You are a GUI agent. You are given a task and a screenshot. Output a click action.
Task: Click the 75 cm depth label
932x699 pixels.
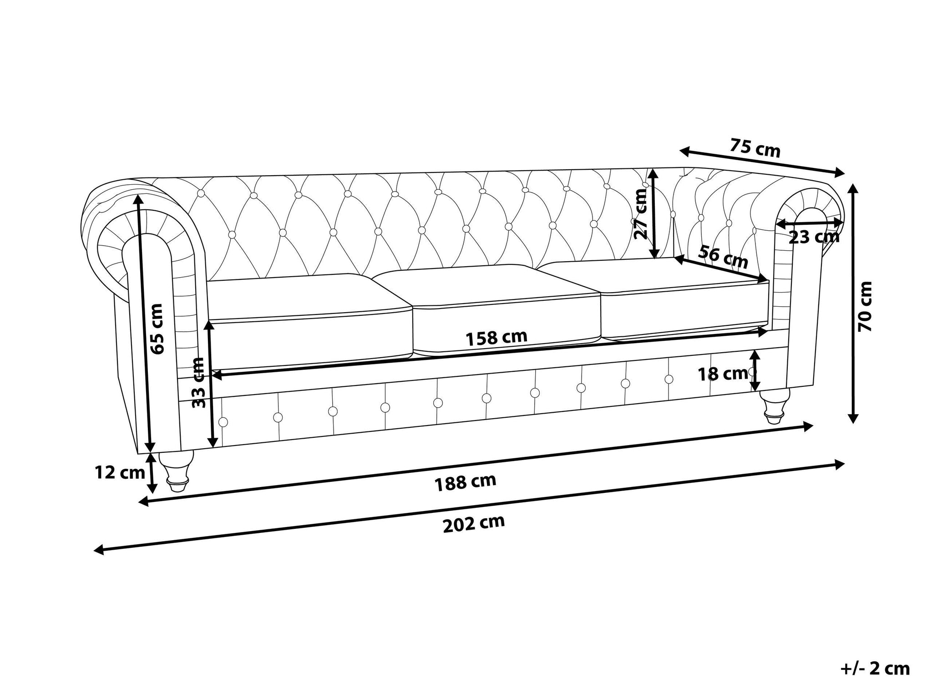tap(755, 148)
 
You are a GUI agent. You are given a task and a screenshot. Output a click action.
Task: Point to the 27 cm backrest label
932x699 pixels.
tap(641, 213)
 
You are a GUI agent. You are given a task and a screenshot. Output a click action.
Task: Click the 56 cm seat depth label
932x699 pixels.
tap(723, 257)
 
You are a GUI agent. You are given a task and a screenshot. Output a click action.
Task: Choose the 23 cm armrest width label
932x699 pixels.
tap(814, 237)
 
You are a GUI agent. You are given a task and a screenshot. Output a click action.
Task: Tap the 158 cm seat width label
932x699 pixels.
tap(496, 337)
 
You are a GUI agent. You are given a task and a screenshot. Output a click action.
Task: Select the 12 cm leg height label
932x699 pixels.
tap(120, 473)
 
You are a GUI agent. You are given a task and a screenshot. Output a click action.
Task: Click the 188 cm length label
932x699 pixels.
tap(465, 482)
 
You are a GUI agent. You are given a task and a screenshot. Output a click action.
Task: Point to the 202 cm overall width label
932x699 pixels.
tap(474, 524)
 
